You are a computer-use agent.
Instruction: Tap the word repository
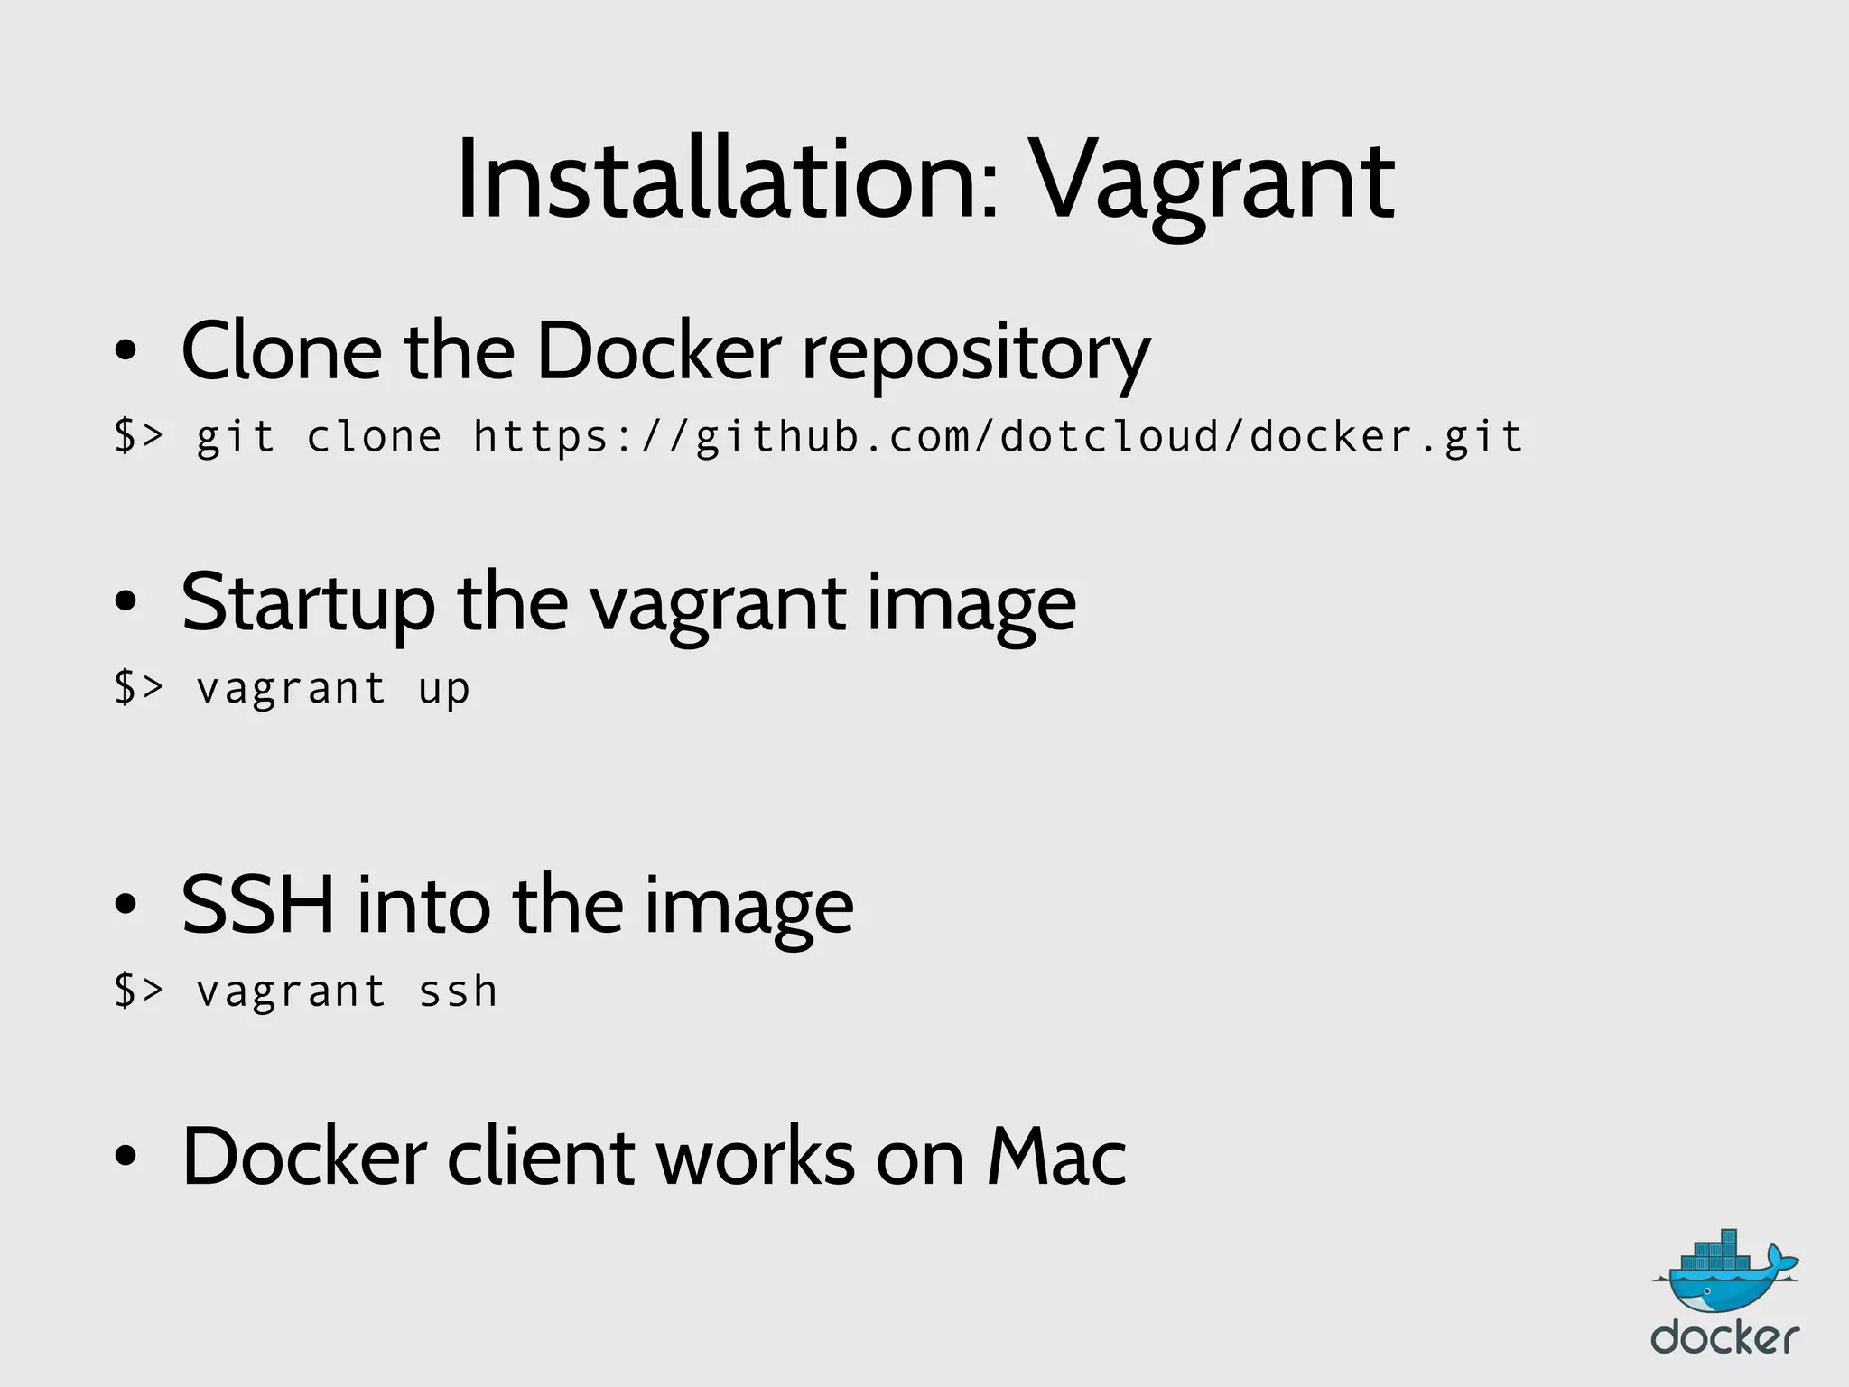click(x=976, y=356)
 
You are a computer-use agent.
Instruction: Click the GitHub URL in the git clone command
click(x=998, y=437)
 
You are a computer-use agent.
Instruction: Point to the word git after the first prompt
click(x=235, y=439)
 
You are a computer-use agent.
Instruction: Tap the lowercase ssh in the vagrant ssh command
click(x=458, y=991)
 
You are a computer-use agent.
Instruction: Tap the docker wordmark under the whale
click(x=1724, y=1337)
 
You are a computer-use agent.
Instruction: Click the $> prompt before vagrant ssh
click(x=138, y=991)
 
